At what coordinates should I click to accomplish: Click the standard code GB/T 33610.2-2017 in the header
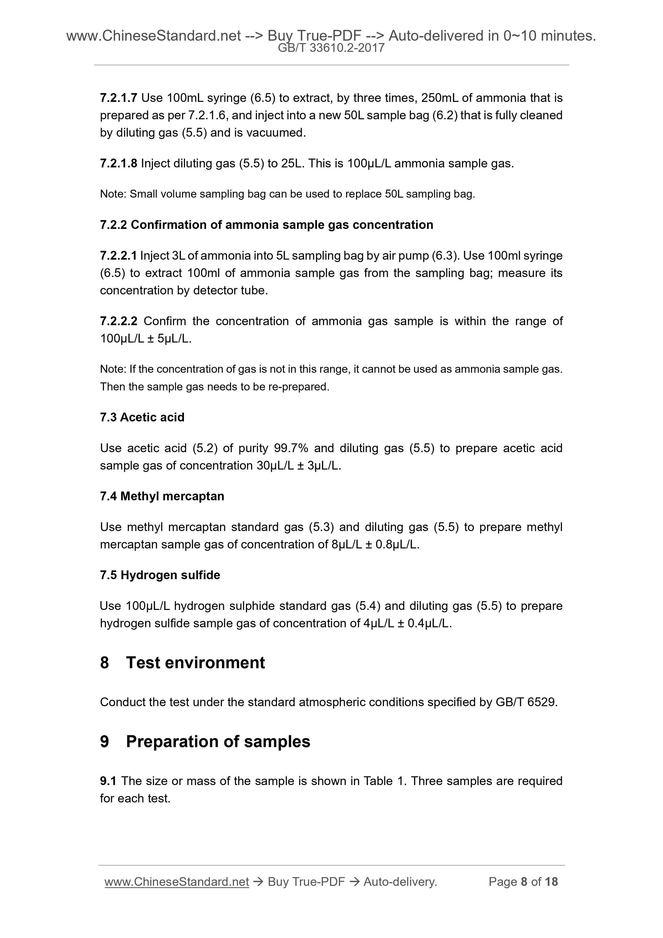pyautogui.click(x=331, y=48)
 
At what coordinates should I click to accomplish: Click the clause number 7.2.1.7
pyautogui.click(x=118, y=98)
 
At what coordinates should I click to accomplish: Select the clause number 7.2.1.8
pyautogui.click(x=118, y=164)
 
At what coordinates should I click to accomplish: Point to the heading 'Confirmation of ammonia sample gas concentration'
pyautogui.click(x=282, y=225)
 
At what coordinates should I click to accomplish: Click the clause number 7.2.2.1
pyautogui.click(x=118, y=256)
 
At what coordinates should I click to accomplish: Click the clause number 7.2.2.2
pyautogui.click(x=119, y=321)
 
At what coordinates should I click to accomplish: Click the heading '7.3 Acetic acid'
pyautogui.click(x=142, y=417)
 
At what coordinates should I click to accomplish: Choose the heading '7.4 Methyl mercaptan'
pyautogui.click(x=162, y=496)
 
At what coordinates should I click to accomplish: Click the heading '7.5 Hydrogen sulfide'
pyautogui.click(x=160, y=575)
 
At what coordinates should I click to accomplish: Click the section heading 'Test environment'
pyautogui.click(x=195, y=663)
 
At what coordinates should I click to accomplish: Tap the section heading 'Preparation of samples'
pyautogui.click(x=218, y=741)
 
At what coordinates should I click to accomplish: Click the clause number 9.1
pyautogui.click(x=108, y=781)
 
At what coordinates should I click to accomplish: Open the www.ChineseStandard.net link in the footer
pyautogui.click(x=176, y=882)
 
